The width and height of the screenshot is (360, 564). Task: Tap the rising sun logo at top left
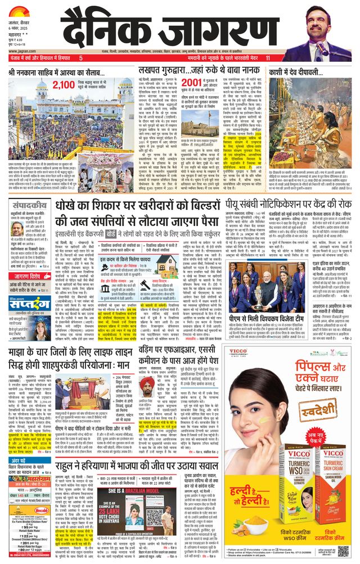(x=18, y=12)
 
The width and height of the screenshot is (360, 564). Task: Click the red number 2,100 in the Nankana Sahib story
(x=64, y=85)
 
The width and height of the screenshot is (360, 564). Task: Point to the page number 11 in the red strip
(x=268, y=58)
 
